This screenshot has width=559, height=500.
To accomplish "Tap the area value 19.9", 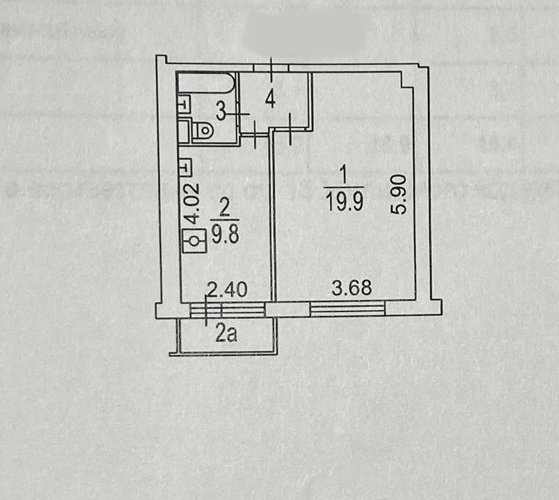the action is (x=344, y=202).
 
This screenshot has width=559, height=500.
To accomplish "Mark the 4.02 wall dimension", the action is (x=194, y=203).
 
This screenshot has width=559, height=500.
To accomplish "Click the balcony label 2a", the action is (x=226, y=335).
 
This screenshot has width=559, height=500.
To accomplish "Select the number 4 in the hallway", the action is (x=271, y=100).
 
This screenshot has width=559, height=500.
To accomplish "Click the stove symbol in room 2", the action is (x=194, y=241).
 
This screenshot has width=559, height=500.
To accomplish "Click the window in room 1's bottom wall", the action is (x=347, y=310).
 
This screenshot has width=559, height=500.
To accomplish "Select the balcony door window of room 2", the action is (x=227, y=310).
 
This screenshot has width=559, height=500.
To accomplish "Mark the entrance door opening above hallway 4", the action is (x=271, y=68).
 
